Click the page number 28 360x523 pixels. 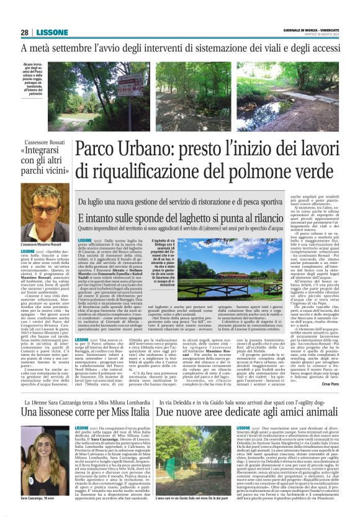pos(24,32)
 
